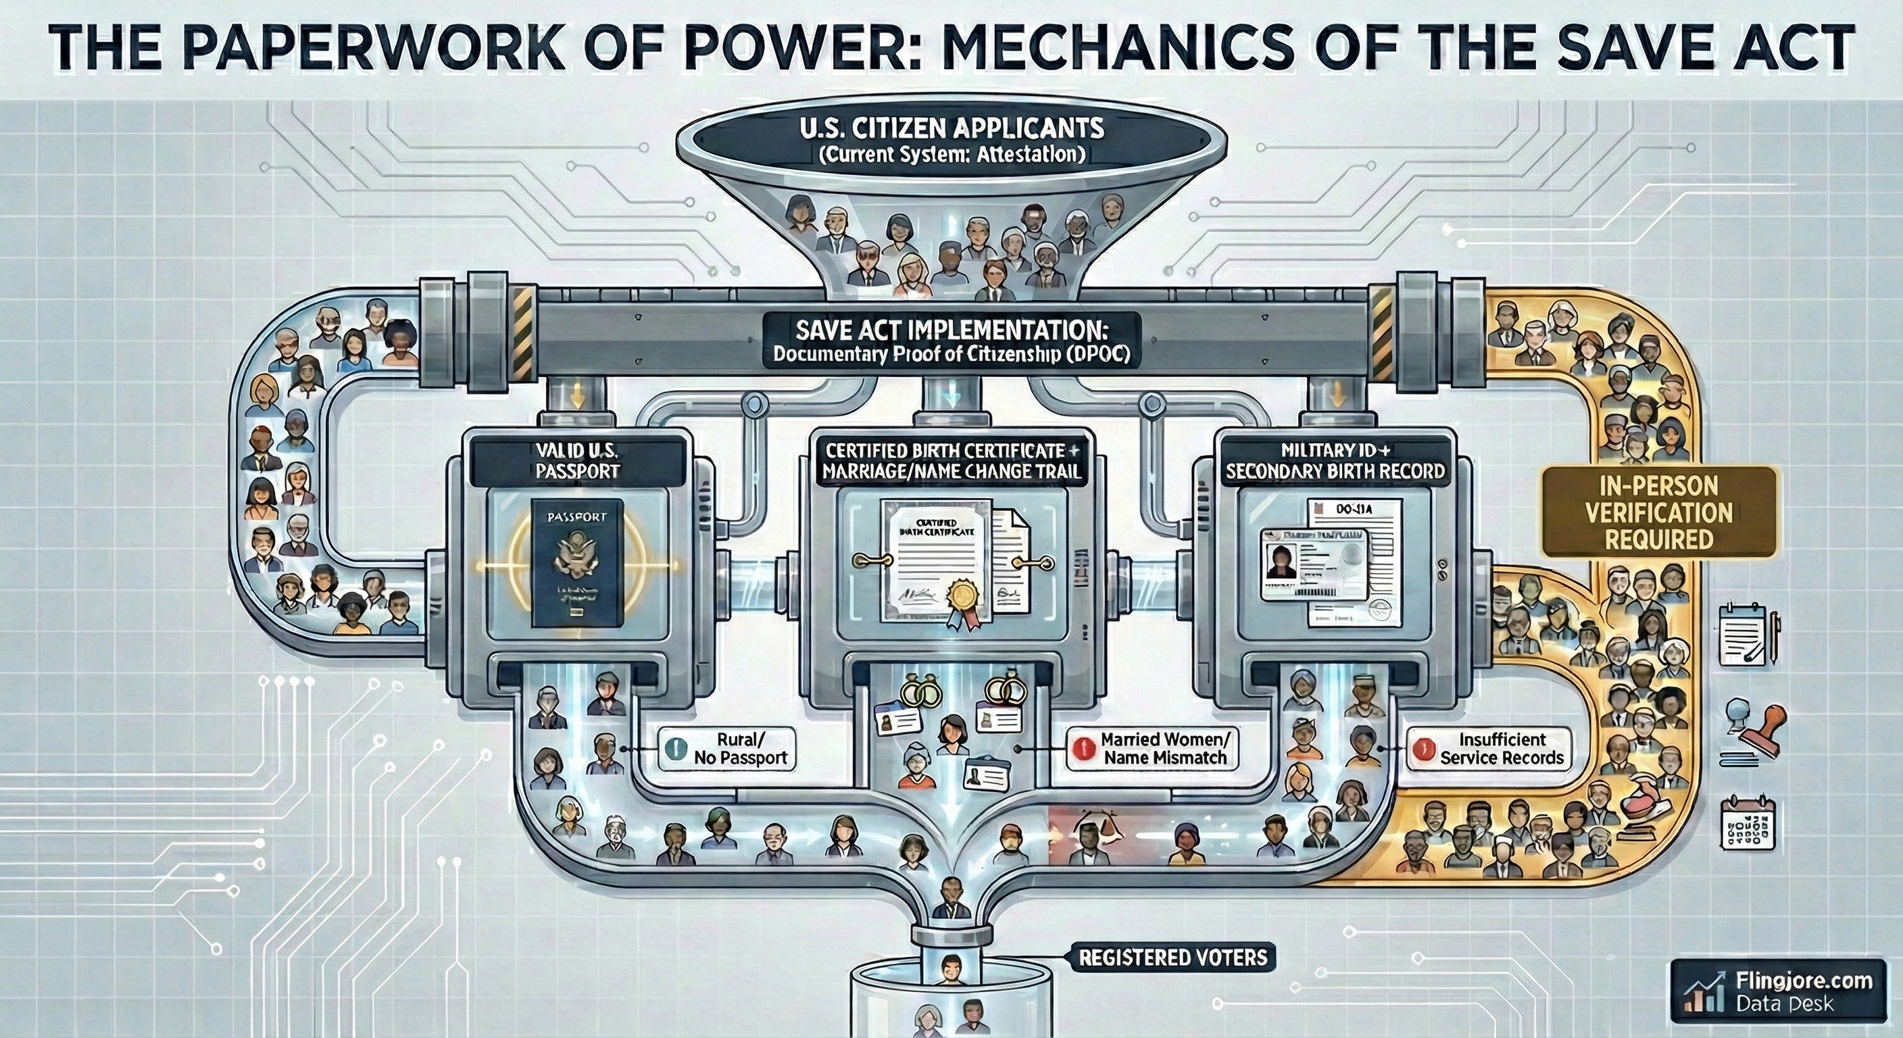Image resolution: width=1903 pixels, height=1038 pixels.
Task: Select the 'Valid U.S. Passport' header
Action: coord(578,460)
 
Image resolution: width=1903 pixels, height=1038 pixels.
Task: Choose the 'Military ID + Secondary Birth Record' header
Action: coord(1334,460)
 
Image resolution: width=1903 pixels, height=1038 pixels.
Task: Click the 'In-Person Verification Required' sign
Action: coord(1658,512)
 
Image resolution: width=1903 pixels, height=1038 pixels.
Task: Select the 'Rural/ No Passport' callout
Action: coord(727,748)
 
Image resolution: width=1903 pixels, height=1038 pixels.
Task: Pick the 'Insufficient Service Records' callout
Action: coord(1489,748)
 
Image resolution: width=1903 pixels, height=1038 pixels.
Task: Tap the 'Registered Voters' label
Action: coord(1173,958)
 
